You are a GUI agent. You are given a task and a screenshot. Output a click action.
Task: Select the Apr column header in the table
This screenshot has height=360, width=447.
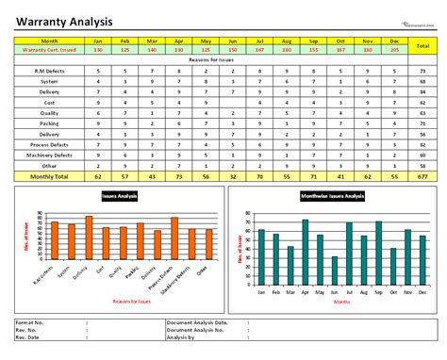(178, 41)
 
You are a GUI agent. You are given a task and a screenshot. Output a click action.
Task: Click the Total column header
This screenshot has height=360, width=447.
(423, 45)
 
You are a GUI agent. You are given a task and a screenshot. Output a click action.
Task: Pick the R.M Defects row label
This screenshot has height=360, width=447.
(51, 71)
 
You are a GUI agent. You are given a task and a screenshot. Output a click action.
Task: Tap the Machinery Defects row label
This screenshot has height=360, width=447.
(51, 155)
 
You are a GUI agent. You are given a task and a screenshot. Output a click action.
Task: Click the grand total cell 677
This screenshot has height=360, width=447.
(423, 176)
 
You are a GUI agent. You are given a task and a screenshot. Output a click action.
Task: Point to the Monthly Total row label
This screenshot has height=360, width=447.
(51, 176)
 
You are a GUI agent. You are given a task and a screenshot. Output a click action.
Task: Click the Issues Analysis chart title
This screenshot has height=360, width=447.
(120, 195)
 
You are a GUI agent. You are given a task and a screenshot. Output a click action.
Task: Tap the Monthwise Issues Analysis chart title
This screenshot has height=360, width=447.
(333, 195)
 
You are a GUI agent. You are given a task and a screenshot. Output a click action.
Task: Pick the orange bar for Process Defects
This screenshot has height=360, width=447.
(174, 240)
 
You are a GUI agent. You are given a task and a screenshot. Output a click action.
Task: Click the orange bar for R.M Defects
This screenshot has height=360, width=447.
(55, 242)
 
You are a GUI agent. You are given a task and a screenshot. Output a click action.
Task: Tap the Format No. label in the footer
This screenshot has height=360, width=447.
(31, 322)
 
